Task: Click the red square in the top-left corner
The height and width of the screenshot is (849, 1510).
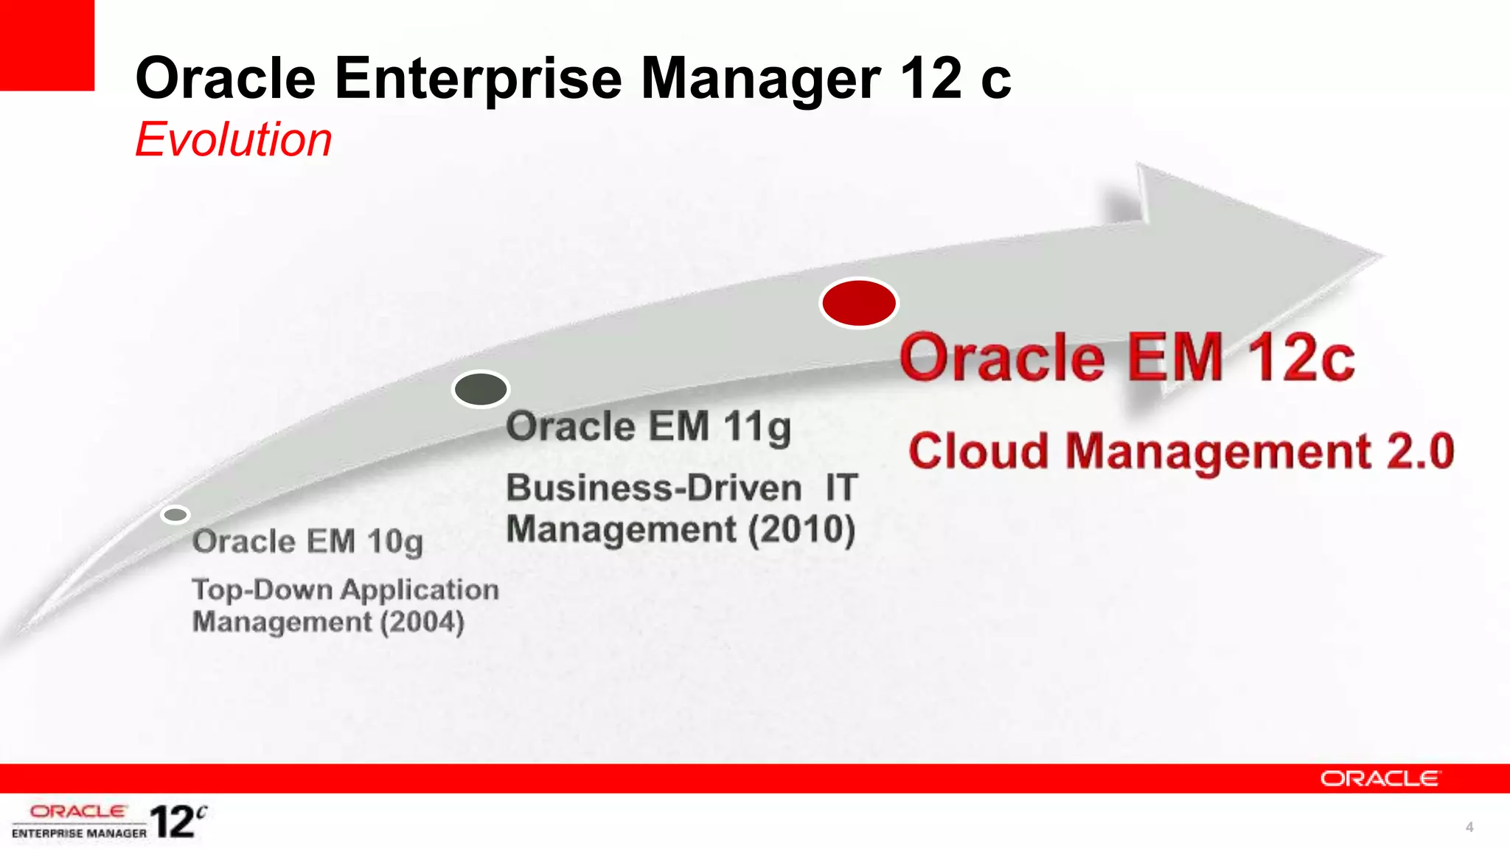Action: pos(46,44)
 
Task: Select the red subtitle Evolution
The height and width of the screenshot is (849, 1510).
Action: pos(234,139)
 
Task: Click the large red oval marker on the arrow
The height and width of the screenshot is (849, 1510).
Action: pos(858,303)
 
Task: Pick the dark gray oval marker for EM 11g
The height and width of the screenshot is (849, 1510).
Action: pos(481,389)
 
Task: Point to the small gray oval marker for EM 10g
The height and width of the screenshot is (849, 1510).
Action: pos(175,514)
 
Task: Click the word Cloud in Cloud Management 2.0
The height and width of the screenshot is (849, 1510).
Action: pos(978,451)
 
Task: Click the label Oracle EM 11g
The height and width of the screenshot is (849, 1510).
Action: pos(648,426)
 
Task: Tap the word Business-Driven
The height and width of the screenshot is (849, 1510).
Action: pos(654,488)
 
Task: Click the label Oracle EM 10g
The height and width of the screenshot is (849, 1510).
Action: pos(307,542)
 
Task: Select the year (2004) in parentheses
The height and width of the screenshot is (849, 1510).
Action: pos(422,622)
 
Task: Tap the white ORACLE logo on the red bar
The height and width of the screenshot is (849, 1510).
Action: pos(1379,778)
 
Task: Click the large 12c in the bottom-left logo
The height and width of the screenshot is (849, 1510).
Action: pos(177,821)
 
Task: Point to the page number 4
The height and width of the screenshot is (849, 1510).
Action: pos(1469,827)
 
